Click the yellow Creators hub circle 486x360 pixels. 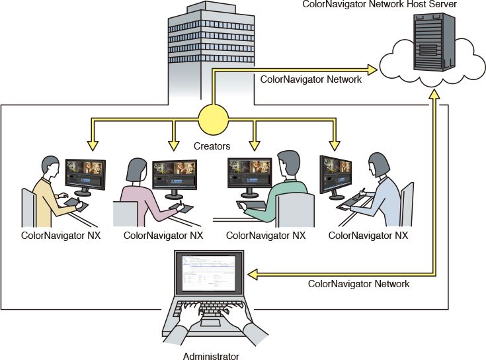pyautogui.click(x=213, y=120)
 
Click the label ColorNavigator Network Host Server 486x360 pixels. pyautogui.click(x=379, y=5)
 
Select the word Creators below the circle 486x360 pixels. pyautogui.click(x=212, y=144)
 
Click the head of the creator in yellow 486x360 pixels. pyautogui.click(x=50, y=167)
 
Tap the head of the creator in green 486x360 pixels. pyautogui.click(x=288, y=162)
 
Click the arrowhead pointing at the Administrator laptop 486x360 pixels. pyautogui.click(x=253, y=273)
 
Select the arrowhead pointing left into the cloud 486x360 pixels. pyautogui.click(x=373, y=68)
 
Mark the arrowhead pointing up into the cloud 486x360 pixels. pyautogui.click(x=434, y=95)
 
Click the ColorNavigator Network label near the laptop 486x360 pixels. pyautogui.click(x=359, y=284)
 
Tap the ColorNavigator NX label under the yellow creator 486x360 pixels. pyautogui.click(x=60, y=235)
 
